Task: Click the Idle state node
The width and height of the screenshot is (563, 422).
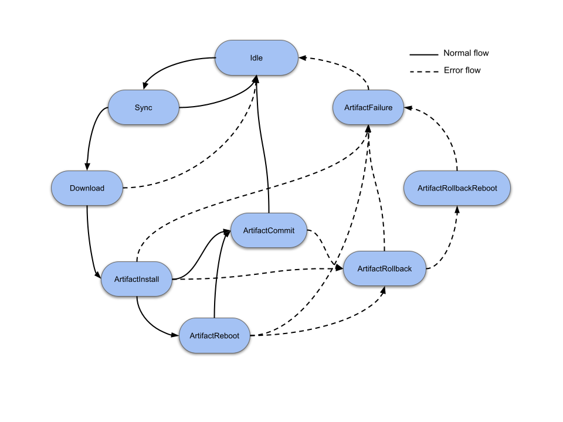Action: pyautogui.click(x=256, y=57)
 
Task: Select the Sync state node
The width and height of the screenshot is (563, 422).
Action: pyautogui.click(x=143, y=107)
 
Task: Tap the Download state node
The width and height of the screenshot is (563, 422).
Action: pyautogui.click(x=87, y=188)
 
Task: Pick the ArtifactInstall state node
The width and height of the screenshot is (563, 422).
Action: pyautogui.click(x=136, y=278)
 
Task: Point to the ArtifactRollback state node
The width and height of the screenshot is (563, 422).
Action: pyautogui.click(x=384, y=268)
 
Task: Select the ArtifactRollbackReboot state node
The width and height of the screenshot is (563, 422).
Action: pyautogui.click(x=457, y=188)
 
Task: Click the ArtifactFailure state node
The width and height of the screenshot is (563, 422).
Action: pyautogui.click(x=369, y=107)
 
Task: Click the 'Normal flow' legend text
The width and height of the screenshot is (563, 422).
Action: pyautogui.click(x=466, y=53)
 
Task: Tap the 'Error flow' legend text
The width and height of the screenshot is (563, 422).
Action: pyautogui.click(x=462, y=70)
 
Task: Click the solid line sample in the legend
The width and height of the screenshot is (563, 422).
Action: pyautogui.click(x=423, y=55)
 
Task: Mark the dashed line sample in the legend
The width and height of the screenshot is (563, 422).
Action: pyautogui.click(x=423, y=72)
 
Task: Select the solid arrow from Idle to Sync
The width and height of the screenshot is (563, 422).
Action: pyautogui.click(x=170, y=64)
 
